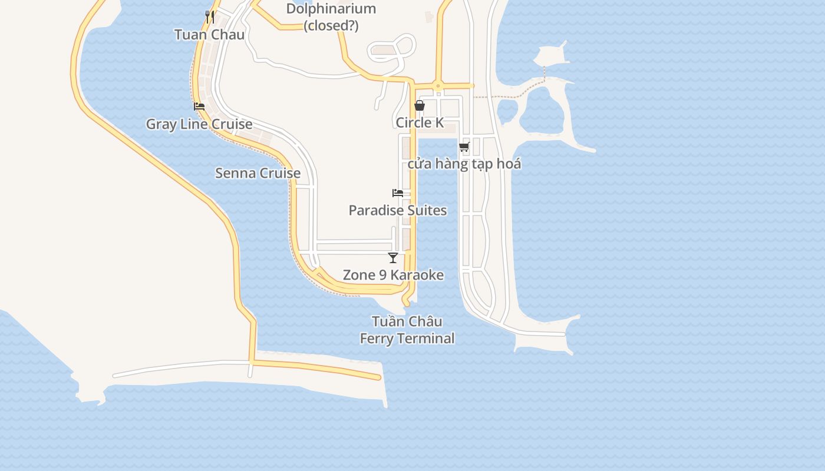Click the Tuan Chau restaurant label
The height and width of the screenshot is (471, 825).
click(x=209, y=34)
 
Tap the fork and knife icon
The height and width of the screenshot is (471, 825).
click(x=210, y=16)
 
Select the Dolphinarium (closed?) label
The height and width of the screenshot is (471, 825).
click(x=331, y=17)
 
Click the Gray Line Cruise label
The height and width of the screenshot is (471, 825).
click(x=199, y=124)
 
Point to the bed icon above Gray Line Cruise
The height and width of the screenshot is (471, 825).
click(x=199, y=107)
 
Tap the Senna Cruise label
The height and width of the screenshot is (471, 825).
click(x=258, y=173)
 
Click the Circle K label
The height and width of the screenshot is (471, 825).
click(x=420, y=122)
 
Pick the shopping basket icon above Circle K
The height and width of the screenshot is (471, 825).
click(x=419, y=106)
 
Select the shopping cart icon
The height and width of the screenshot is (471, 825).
click(x=464, y=147)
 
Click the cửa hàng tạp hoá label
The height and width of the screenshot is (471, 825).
click(x=464, y=164)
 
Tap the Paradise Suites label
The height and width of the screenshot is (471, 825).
click(x=398, y=210)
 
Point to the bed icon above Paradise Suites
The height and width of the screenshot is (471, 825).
click(x=398, y=193)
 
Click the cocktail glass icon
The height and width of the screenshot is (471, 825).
click(x=393, y=257)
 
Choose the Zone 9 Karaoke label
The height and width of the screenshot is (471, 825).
click(x=393, y=275)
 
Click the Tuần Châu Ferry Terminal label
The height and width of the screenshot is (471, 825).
click(x=407, y=330)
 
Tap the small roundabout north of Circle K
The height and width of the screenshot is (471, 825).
click(x=438, y=86)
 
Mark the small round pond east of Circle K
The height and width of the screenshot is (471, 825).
click(x=507, y=110)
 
